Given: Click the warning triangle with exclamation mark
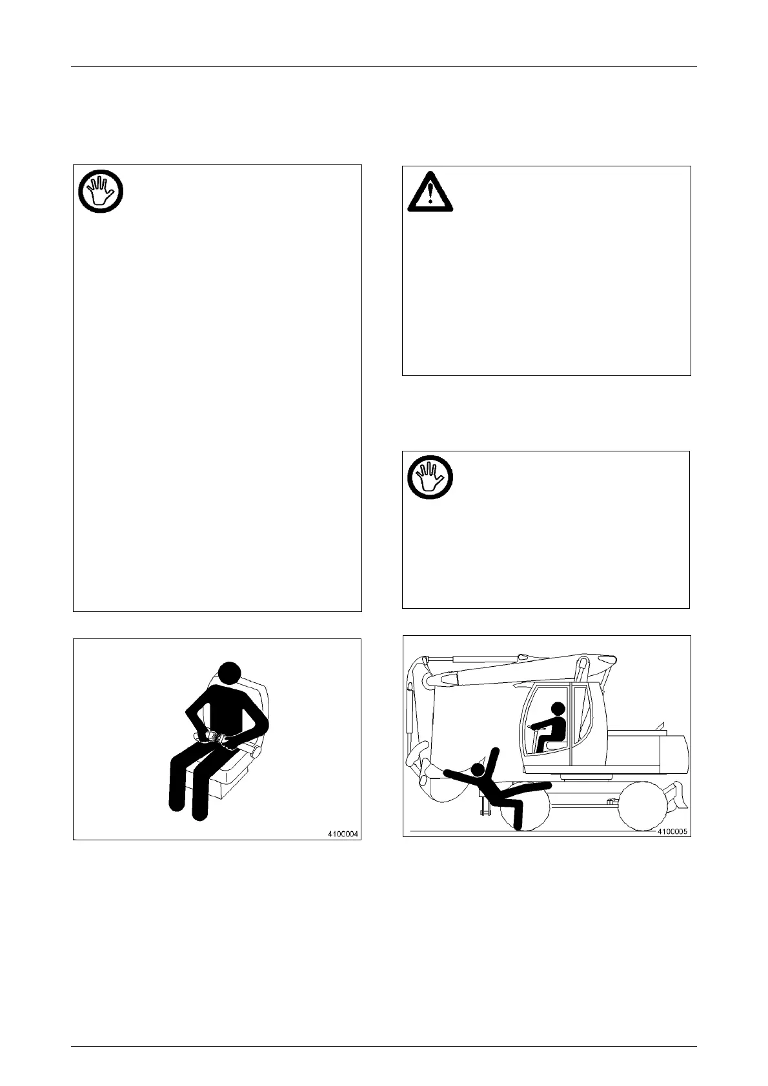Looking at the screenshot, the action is pos(429,192).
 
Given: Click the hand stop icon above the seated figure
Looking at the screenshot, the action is pos(101,192).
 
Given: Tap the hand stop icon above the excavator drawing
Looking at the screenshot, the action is pos(429,479).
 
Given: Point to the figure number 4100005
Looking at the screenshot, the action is pos(673,831).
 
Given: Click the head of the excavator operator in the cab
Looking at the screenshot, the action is pos(558,708).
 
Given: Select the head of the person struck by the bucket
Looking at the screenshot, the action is pos(478,769).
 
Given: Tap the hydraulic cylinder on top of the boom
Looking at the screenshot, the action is pos(484,658).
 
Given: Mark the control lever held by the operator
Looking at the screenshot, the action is pos(532,727).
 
